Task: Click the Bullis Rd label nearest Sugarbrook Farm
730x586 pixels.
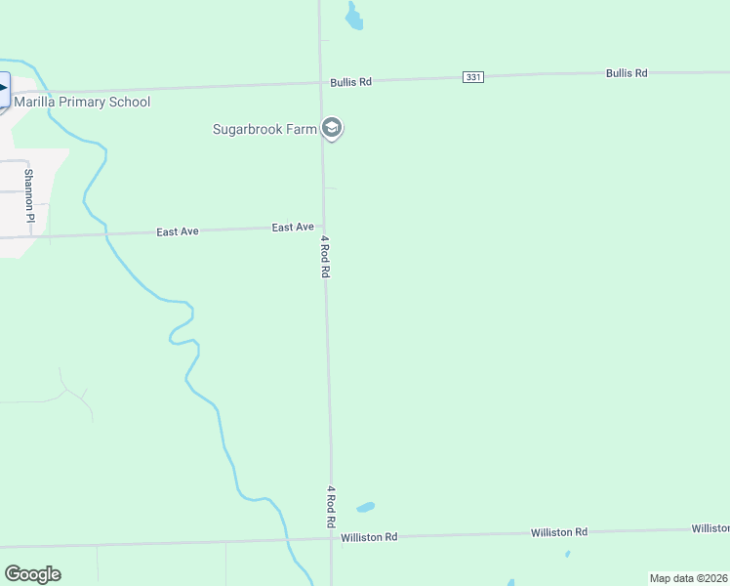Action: [350, 82]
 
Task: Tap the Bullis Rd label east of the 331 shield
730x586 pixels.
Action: [627, 73]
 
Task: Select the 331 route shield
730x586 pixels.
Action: [473, 77]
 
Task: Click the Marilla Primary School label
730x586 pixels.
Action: [82, 102]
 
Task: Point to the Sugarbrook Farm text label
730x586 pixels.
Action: [266, 129]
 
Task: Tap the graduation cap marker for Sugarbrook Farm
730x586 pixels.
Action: [333, 128]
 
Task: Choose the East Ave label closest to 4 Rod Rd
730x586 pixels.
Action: [293, 228]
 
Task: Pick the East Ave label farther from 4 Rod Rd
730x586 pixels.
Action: [178, 231]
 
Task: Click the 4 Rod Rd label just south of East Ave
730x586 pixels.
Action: [325, 256]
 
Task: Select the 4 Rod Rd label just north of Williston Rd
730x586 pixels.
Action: [331, 507]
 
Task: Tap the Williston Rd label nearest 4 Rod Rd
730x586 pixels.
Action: [369, 537]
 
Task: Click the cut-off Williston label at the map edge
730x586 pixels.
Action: [710, 528]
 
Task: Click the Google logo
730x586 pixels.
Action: [32, 573]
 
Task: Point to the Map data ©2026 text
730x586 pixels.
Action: [688, 578]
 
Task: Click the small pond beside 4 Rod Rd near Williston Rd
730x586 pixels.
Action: [365, 507]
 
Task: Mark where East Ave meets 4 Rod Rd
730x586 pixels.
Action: [323, 226]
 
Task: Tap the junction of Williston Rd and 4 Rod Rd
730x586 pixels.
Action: [331, 537]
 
